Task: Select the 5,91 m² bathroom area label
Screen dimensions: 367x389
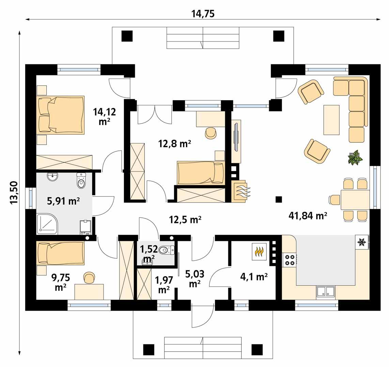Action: tap(63, 201)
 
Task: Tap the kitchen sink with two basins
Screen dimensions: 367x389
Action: tap(325, 292)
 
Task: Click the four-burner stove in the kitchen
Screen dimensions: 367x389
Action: tap(290, 260)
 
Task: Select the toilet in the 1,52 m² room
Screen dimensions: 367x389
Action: tap(166, 250)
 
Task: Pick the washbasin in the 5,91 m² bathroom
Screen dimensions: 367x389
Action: tap(53, 177)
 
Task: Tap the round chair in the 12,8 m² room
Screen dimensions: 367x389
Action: tap(211, 133)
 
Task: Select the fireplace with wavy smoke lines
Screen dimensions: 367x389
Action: tap(241, 191)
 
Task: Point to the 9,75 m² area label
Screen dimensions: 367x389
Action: tap(61, 282)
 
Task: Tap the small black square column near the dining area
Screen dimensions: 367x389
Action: tap(279, 199)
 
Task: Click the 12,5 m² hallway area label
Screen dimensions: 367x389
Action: tap(185, 220)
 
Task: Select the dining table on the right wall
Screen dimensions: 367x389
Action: tap(355, 200)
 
